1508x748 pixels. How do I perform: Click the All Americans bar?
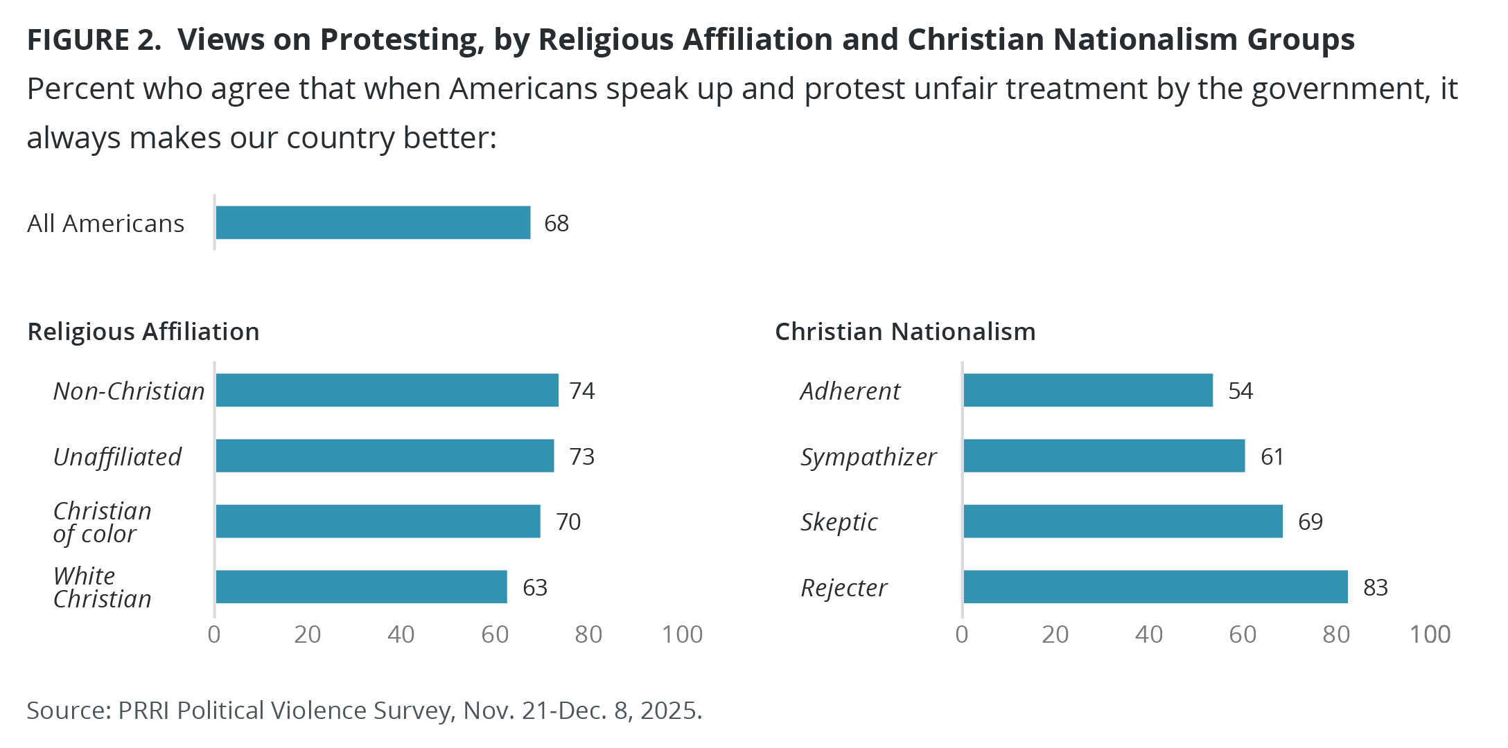tap(373, 222)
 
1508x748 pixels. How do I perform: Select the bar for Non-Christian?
tap(387, 390)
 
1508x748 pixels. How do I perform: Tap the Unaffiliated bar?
tap(385, 456)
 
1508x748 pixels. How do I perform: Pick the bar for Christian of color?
tap(378, 521)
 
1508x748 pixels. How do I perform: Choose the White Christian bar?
tap(361, 587)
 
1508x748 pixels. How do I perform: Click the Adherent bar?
tap(1088, 390)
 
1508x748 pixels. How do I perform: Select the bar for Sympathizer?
tap(1104, 456)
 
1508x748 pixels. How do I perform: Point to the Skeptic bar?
tap(1123, 521)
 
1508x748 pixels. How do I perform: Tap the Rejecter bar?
tap(1155, 587)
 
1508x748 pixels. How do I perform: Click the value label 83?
tap(1376, 587)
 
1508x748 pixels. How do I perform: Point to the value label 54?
tap(1240, 391)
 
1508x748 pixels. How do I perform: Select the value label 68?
tap(556, 223)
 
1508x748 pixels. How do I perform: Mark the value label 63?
tap(535, 587)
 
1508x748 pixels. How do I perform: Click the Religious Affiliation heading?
tap(143, 332)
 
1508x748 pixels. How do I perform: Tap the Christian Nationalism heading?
tap(905, 332)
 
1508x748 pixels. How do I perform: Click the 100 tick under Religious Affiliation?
tap(682, 634)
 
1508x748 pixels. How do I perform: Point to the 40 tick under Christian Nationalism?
tap(1149, 634)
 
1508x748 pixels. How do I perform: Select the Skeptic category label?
tap(839, 522)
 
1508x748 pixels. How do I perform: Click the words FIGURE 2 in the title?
tap(94, 40)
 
